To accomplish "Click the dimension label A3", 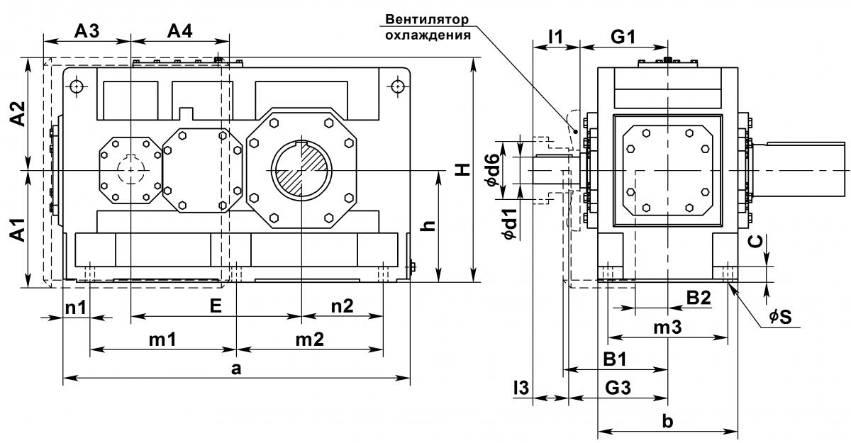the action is pos(87,31).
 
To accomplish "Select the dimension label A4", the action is pos(179,31).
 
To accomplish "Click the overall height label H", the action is pos(462,169).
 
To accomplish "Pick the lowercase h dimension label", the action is pos(429,225).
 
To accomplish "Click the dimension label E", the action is pos(216,305).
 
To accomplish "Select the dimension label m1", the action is pos(162,340).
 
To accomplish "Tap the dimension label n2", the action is pos(343,306).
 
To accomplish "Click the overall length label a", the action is pos(236,368).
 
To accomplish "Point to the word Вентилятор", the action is pos(427,19).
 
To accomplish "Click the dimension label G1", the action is pos(623,37).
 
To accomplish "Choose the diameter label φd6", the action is pos(492,170).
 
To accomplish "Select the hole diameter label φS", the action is pos(781,317).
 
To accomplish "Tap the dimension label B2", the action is pos(699,298).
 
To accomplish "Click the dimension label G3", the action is pos(618,388).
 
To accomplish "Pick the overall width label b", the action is pos(667,421).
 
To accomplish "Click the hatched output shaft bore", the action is pos(301,170).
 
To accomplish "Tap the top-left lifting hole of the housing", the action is pos(77,87).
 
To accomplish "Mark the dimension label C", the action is pos(756,242).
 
